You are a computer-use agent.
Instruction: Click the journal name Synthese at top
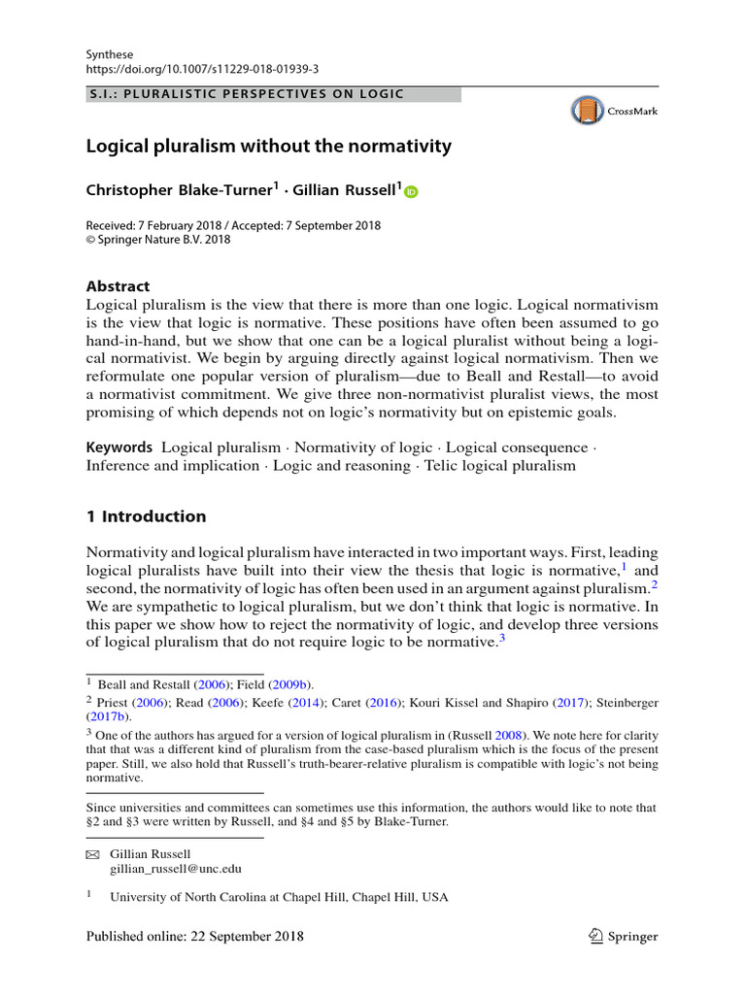110,54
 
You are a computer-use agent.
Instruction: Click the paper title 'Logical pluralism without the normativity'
269,147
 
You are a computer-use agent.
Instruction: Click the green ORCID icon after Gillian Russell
410,192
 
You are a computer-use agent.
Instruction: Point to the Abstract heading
119,286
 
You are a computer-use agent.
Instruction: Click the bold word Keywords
119,447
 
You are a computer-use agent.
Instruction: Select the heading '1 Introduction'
146,516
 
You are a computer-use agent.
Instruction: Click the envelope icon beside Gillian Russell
93,854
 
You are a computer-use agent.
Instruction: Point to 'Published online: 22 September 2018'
195,937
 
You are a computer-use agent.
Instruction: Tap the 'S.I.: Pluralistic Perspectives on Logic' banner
274,94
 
